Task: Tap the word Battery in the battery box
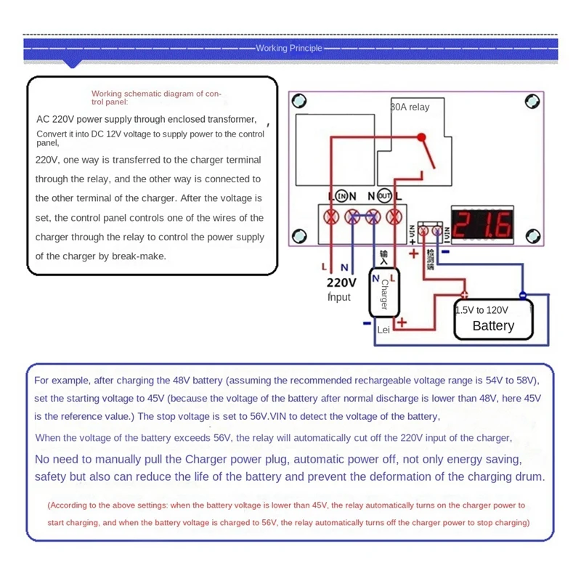pos(493,326)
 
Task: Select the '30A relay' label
pos(410,107)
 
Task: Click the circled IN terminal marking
pos(341,196)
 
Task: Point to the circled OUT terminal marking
pos(385,196)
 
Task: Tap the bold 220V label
pos(341,283)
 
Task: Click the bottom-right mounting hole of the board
pos(532,236)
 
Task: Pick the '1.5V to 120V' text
pos(482,310)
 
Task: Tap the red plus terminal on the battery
pos(463,295)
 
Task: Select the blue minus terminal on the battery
pos(522,295)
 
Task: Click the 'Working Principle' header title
pos(289,48)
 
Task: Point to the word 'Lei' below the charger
pos(384,330)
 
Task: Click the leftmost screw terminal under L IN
pos(333,216)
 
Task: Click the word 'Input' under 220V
pos(339,297)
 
